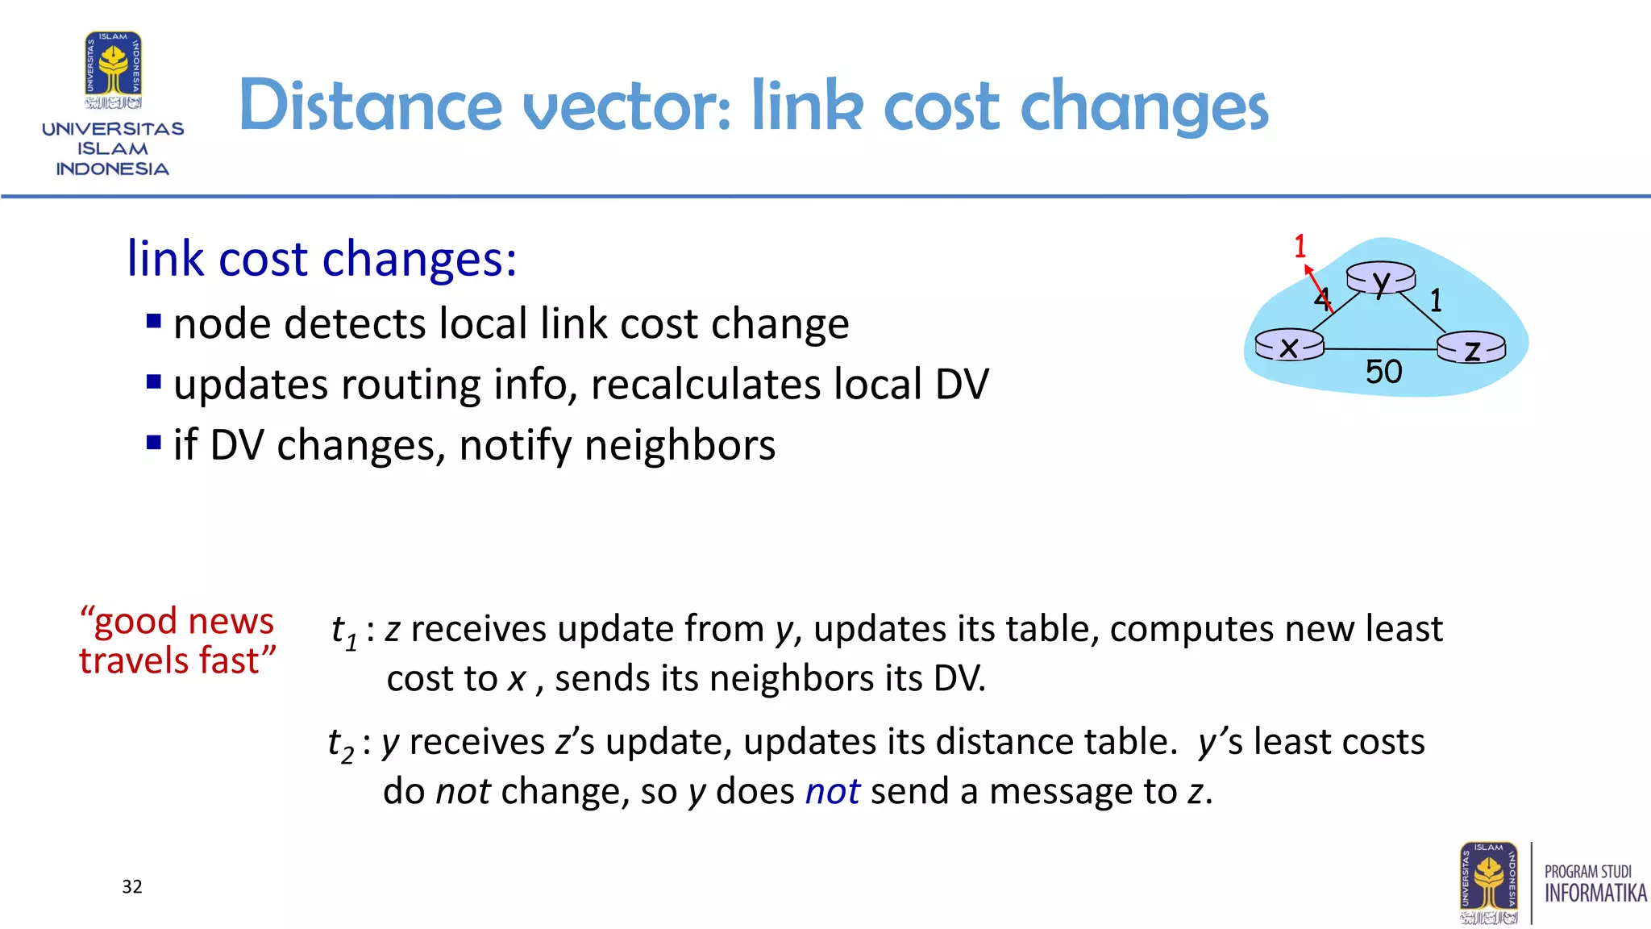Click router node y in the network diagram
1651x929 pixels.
click(x=1381, y=279)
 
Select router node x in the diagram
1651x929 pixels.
click(x=1289, y=346)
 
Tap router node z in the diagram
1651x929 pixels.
click(x=1471, y=348)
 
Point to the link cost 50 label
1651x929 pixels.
click(x=1383, y=372)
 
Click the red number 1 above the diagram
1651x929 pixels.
click(x=1300, y=247)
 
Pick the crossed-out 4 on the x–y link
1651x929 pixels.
click(x=1322, y=298)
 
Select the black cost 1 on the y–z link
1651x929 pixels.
click(x=1436, y=301)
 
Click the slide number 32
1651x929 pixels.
click(x=132, y=887)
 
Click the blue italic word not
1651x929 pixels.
click(x=833, y=791)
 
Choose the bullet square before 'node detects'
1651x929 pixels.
click(x=154, y=322)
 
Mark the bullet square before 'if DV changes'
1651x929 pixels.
click(x=154, y=443)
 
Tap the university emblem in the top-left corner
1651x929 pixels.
click(x=114, y=71)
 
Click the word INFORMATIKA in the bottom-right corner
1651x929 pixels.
click(x=1595, y=894)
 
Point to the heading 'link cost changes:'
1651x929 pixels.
click(x=322, y=259)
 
